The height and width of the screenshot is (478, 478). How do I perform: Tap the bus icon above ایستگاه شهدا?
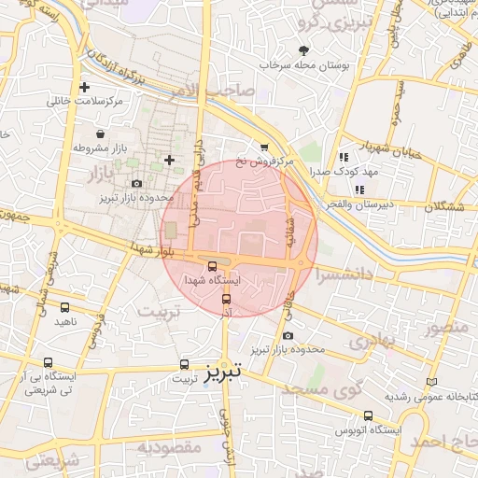(x=213, y=265)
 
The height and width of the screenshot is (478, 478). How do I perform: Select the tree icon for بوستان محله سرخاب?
(x=302, y=50)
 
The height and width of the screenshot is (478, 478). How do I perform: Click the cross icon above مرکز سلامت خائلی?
(x=84, y=87)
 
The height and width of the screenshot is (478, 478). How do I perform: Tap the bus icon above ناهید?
(x=64, y=307)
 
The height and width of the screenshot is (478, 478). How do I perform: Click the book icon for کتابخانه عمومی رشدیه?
(x=430, y=381)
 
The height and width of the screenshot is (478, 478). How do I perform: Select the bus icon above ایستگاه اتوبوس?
(x=368, y=415)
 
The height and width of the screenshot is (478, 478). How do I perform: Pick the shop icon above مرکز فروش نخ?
(x=264, y=147)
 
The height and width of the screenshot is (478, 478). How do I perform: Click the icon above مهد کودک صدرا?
(x=344, y=158)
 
